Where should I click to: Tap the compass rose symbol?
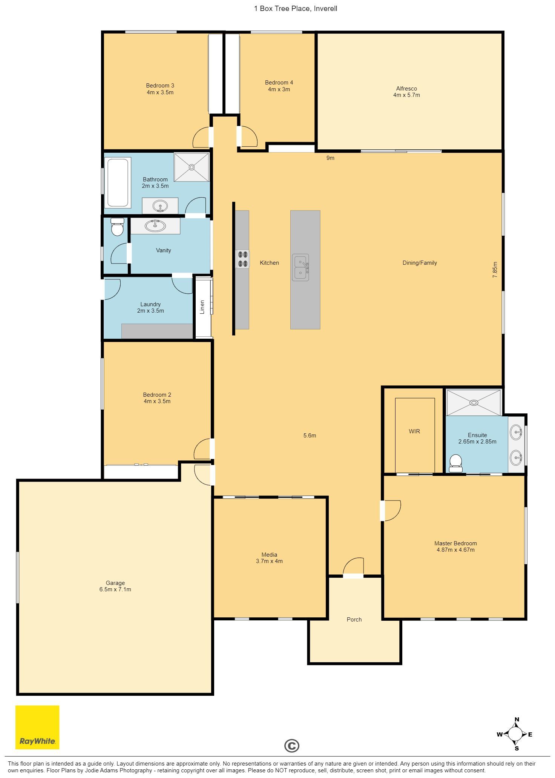[x=515, y=734]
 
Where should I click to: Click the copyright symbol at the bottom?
[x=291, y=746]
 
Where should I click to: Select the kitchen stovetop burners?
[x=242, y=259]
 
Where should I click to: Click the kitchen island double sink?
[x=300, y=267]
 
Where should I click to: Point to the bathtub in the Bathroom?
[x=118, y=183]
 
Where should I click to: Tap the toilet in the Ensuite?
[x=456, y=463]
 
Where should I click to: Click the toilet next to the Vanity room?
[x=117, y=227]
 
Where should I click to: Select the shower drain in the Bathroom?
[x=192, y=167]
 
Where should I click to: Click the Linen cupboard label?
[x=202, y=307]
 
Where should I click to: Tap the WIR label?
[x=414, y=431]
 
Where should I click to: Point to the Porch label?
[x=354, y=619]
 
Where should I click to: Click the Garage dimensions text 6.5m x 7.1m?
[x=115, y=589]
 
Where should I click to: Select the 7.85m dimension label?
[x=495, y=270]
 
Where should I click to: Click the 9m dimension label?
[x=330, y=158]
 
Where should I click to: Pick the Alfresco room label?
[x=406, y=89]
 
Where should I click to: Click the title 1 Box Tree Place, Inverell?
[x=296, y=8]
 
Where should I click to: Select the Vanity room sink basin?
[x=155, y=226]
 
